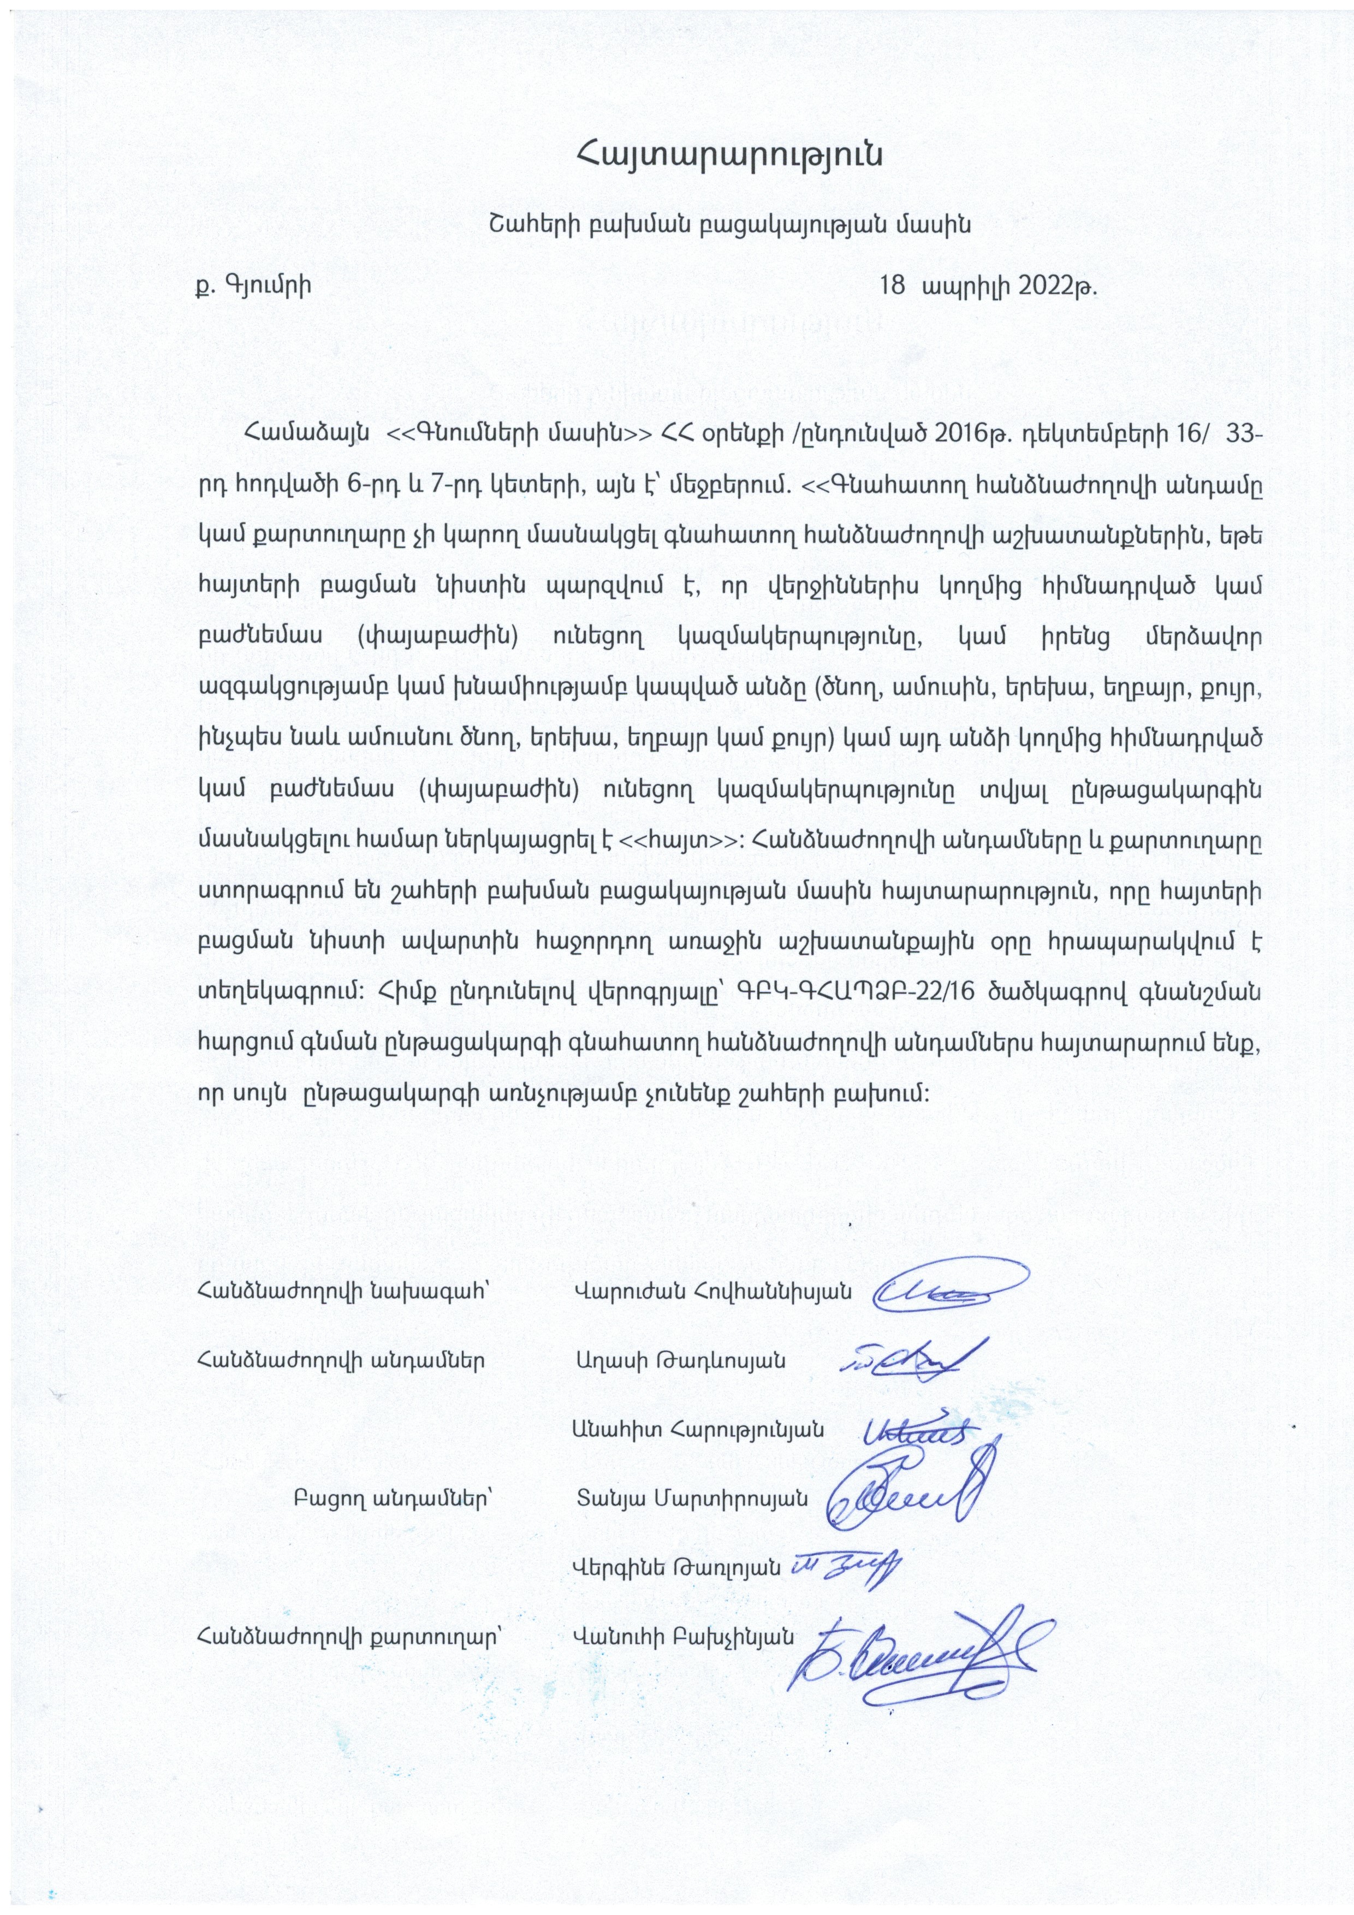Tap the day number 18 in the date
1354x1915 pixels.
click(x=893, y=286)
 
